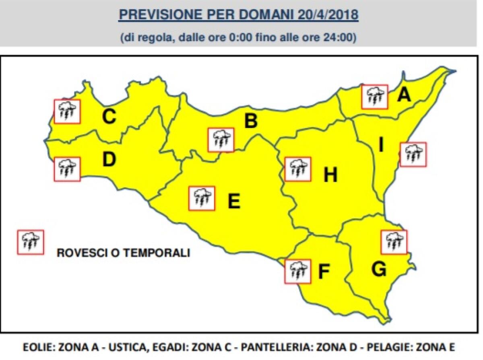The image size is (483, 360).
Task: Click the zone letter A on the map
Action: (404, 95)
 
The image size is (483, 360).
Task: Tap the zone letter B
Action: (251, 121)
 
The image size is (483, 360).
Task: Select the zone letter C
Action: (109, 117)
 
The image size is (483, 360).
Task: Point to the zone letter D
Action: (109, 160)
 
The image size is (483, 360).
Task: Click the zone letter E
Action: (234, 201)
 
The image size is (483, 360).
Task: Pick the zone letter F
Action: (324, 272)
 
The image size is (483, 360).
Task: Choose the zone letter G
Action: (379, 269)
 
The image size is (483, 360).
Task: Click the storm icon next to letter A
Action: (375, 97)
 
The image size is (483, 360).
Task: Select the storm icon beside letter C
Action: (67, 111)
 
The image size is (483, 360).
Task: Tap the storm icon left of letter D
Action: (67, 169)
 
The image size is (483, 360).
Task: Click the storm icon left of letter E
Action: (202, 198)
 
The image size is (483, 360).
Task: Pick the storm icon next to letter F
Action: (297, 271)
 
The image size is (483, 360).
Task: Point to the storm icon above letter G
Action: (394, 242)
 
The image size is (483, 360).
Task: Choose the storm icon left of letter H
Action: (297, 169)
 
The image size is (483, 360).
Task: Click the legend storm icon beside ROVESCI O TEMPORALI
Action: (30, 242)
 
